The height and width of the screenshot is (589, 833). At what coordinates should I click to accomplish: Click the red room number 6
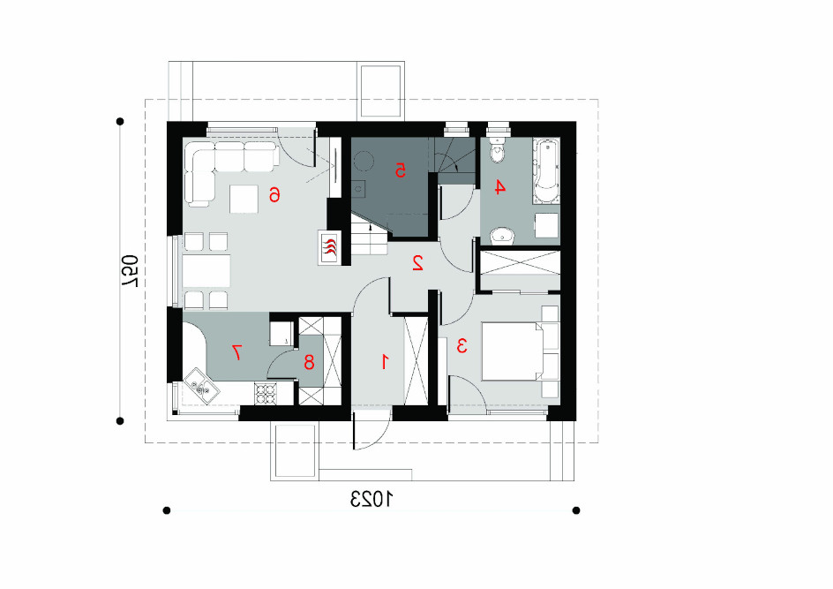pyautogui.click(x=274, y=195)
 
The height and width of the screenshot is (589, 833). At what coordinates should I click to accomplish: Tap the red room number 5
pyautogui.click(x=400, y=170)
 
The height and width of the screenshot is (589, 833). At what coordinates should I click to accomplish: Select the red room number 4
pyautogui.click(x=499, y=187)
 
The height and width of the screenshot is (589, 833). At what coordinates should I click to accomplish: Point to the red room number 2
pyautogui.click(x=417, y=263)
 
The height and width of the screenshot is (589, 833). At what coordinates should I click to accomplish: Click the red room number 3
pyautogui.click(x=462, y=345)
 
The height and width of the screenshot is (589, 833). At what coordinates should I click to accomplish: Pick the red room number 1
pyautogui.click(x=385, y=362)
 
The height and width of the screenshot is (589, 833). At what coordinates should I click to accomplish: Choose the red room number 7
pyautogui.click(x=236, y=352)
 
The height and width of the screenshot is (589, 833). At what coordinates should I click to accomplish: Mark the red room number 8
pyautogui.click(x=309, y=363)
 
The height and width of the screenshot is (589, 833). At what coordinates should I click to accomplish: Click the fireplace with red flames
pyautogui.click(x=329, y=247)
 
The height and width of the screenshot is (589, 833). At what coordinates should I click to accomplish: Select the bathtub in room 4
pyautogui.click(x=545, y=171)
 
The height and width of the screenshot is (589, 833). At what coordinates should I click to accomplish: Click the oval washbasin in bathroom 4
pyautogui.click(x=502, y=235)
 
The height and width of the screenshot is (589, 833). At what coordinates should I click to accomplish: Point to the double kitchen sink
pyautogui.click(x=201, y=386)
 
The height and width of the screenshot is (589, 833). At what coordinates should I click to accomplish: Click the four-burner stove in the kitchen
pyautogui.click(x=266, y=395)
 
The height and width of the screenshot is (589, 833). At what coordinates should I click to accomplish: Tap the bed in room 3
pyautogui.click(x=520, y=351)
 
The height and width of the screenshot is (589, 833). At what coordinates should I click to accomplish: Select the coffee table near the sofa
pyautogui.click(x=244, y=199)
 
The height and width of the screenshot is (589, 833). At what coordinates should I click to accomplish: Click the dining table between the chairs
pyautogui.click(x=206, y=270)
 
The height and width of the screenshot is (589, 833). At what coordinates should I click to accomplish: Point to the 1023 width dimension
pyautogui.click(x=371, y=499)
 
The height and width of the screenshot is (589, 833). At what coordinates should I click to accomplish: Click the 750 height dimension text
pyautogui.click(x=131, y=271)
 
